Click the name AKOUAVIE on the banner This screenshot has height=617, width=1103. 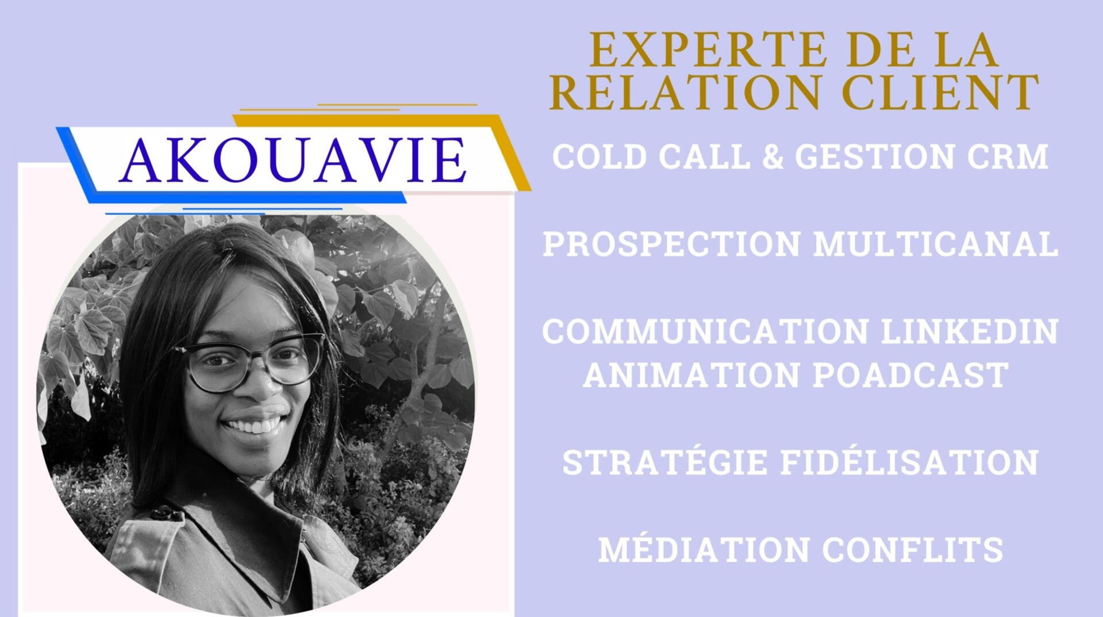(x=293, y=160)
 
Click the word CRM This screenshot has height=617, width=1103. (x=1008, y=156)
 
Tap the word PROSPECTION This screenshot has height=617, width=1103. (x=671, y=244)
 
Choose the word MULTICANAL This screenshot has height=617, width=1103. (x=936, y=244)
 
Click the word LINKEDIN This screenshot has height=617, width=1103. (x=970, y=331)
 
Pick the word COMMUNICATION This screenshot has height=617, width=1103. (x=705, y=331)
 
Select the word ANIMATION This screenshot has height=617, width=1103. (x=691, y=375)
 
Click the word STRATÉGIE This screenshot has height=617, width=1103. (x=664, y=462)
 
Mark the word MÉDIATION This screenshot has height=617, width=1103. (x=704, y=549)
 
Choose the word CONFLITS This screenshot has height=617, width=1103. (x=913, y=549)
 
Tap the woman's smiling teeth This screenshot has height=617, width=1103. (x=252, y=426)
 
